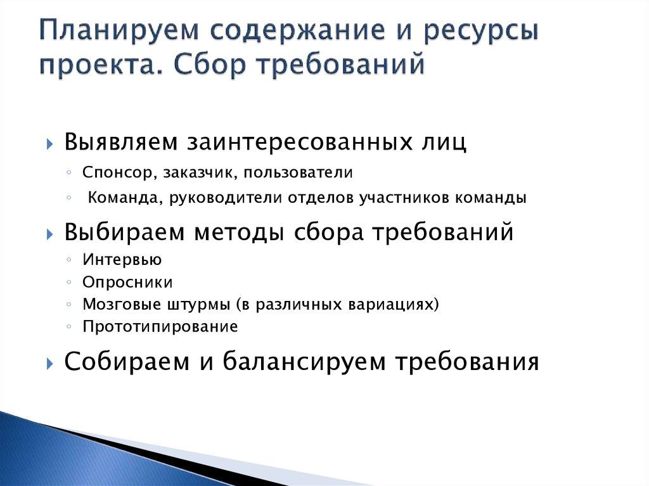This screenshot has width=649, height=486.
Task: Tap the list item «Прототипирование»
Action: click(160, 327)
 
